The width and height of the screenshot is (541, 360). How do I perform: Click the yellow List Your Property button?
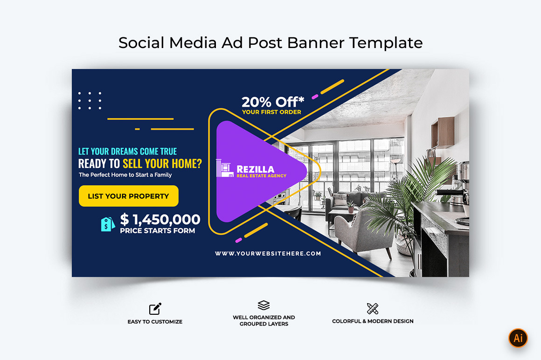click(x=128, y=196)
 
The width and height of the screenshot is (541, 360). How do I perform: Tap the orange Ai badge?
click(x=518, y=338)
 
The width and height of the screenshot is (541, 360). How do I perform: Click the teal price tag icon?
click(x=108, y=224)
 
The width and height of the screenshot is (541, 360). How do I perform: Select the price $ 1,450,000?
click(x=160, y=219)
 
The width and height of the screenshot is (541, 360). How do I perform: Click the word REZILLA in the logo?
click(x=255, y=169)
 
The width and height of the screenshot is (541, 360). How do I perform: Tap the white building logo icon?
click(x=225, y=169)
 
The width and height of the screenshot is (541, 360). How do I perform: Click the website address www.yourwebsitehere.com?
click(x=268, y=254)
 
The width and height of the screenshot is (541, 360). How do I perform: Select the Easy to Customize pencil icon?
click(x=155, y=309)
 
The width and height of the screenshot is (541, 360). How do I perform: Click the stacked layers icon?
click(x=264, y=305)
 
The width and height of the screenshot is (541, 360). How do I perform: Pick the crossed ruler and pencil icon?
click(x=372, y=308)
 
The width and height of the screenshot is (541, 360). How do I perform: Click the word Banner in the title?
click(x=316, y=43)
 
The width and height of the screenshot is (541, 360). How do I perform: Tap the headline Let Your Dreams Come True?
click(x=127, y=152)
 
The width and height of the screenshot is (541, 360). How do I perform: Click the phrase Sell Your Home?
click(x=162, y=164)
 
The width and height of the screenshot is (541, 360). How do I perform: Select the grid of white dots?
click(x=90, y=101)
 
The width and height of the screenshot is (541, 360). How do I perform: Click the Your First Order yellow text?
click(x=271, y=112)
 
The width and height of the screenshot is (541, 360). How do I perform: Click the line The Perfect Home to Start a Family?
click(x=125, y=175)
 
